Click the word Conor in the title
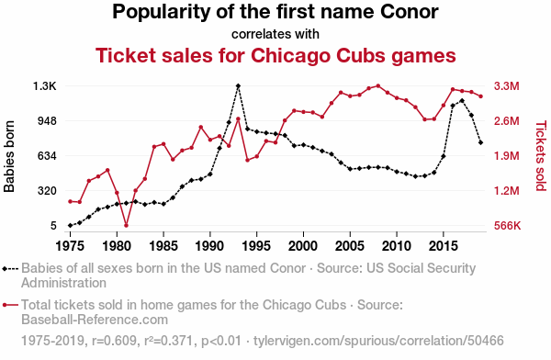[x=409, y=12]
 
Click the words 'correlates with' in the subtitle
[x=275, y=34]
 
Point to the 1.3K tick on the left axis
[x=45, y=85]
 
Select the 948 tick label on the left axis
[x=47, y=121]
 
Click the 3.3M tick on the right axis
[x=506, y=85]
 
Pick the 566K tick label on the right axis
[x=507, y=225]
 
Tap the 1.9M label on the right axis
[x=506, y=156]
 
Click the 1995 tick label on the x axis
[x=256, y=246]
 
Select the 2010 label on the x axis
[x=397, y=246]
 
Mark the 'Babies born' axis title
[x=9, y=156]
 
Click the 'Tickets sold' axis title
[x=541, y=156]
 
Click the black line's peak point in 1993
[x=238, y=85]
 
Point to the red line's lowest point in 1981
[x=126, y=225]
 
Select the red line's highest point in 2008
[x=378, y=85]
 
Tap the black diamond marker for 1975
[x=71, y=225]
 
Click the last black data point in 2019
[x=480, y=142]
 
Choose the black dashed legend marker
[x=10, y=269]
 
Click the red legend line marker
[x=10, y=305]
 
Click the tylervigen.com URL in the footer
[x=378, y=341]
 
